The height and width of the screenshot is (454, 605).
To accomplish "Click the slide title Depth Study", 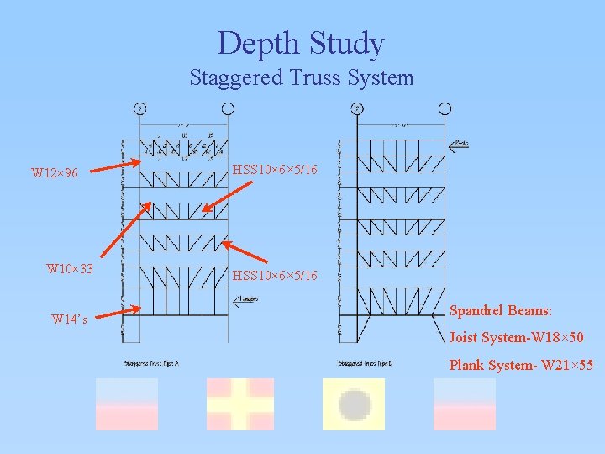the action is [x=301, y=43].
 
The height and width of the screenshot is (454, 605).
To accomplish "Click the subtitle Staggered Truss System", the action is [x=301, y=78].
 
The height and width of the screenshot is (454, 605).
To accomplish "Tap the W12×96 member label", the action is [x=55, y=173].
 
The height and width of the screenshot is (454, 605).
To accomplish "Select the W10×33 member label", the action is [x=70, y=269].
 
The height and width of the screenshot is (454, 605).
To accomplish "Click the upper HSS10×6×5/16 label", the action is [x=275, y=170].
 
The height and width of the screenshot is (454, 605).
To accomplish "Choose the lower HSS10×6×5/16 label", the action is [x=275, y=276].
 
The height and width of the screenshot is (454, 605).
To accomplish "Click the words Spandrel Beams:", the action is [x=501, y=310].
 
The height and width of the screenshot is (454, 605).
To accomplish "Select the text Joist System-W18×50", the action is [x=516, y=338].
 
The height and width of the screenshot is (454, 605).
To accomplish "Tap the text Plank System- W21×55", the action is [x=521, y=365].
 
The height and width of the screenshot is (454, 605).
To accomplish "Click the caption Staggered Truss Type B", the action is [x=366, y=363].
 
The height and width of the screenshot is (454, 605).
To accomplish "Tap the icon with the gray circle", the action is [x=354, y=404].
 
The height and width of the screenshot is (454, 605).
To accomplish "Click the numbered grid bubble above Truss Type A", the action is [x=139, y=108].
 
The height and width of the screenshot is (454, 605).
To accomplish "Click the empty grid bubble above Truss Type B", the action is [x=445, y=108].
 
